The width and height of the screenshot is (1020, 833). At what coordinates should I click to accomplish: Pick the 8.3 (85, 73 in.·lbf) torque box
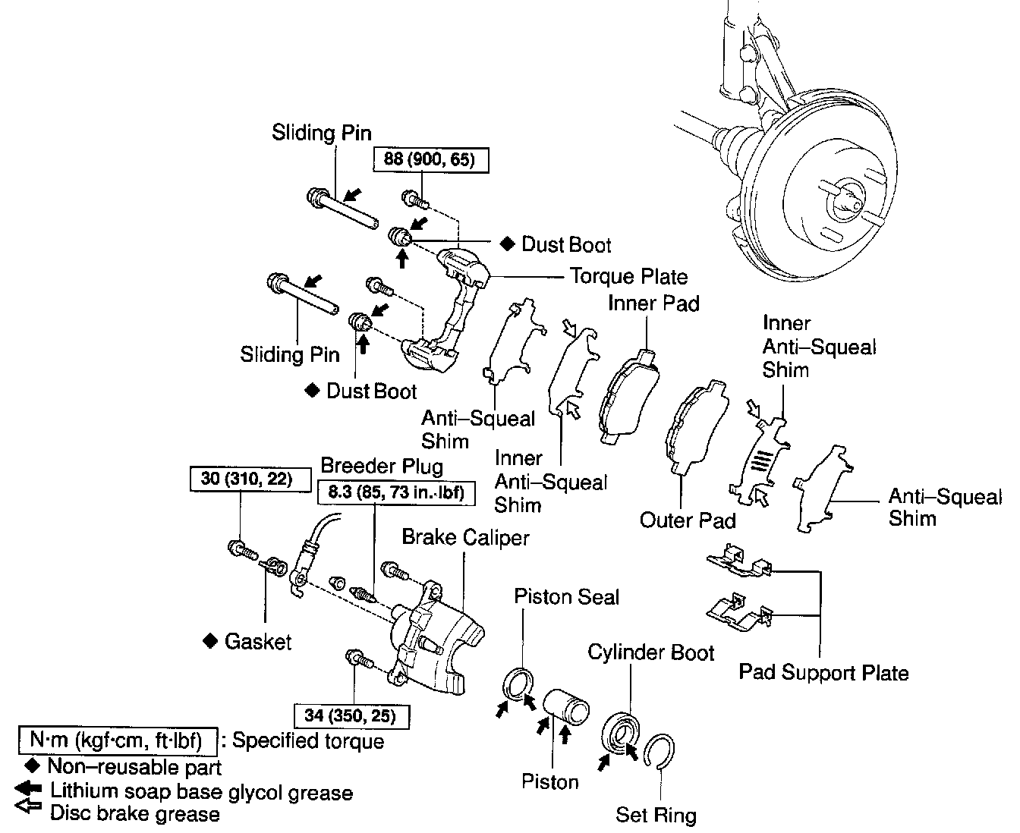pos(396,492)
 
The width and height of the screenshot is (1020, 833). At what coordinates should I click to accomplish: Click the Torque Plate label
pos(628,277)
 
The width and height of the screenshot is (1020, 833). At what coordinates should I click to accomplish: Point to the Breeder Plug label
pos(382,467)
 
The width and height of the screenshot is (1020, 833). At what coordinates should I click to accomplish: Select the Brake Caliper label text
pos(466,538)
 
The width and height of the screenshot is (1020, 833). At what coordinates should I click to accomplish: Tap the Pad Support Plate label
pos(823,673)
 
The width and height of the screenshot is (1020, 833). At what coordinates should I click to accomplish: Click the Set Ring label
pos(656,815)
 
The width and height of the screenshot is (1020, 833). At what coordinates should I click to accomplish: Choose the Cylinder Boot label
pos(651,652)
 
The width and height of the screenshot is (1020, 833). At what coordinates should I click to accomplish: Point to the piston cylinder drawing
pos(565,707)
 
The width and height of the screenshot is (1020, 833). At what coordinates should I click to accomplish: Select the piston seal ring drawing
pos(518,684)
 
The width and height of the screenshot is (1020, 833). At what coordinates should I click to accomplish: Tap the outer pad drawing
pos(697,426)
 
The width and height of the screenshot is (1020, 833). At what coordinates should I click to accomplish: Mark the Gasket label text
pos(258,642)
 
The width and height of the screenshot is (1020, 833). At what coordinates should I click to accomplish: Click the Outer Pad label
pos(688,520)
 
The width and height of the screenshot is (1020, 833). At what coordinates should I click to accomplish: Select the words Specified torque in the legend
pos(308,741)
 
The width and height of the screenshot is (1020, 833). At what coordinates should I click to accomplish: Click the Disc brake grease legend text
pos(135,814)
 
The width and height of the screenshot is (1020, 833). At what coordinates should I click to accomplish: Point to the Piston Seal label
pos(566,597)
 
